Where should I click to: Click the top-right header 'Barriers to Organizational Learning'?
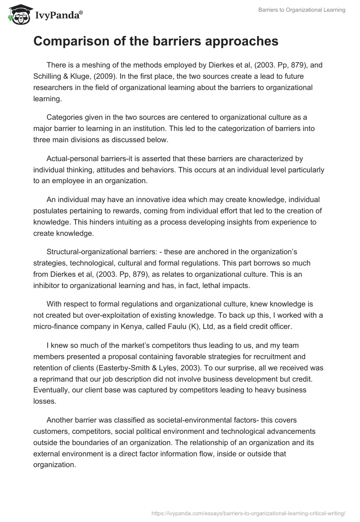[302, 10]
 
